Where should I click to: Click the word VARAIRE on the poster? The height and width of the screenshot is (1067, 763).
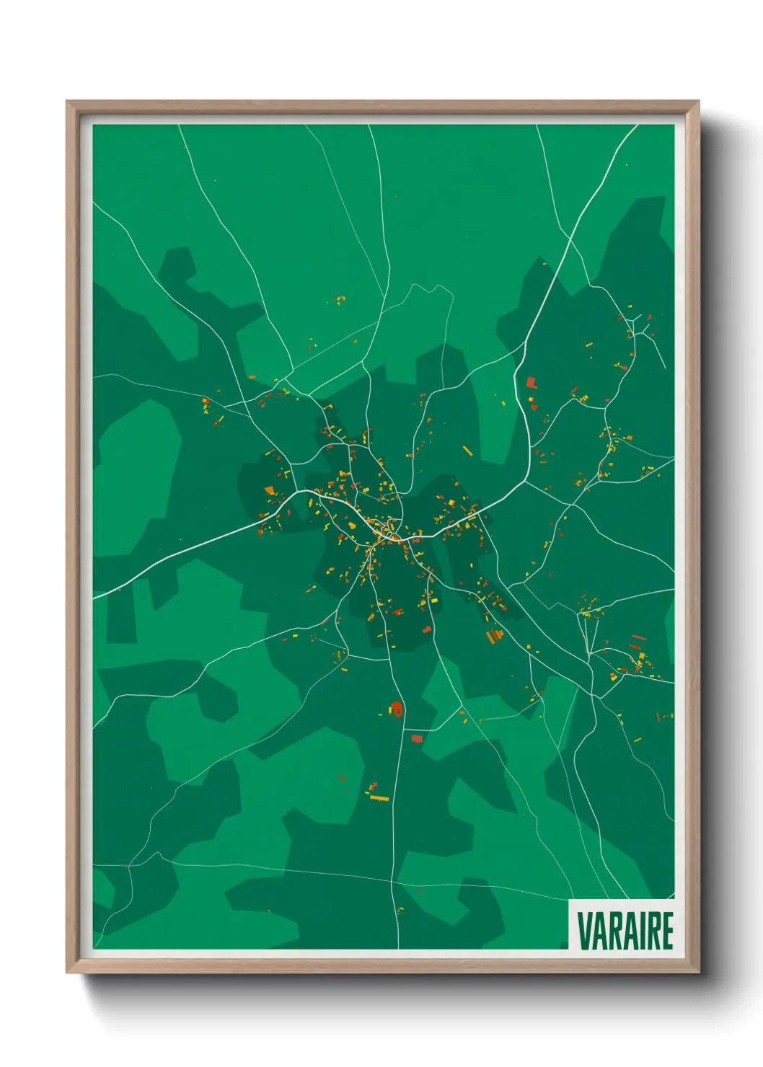[625, 930]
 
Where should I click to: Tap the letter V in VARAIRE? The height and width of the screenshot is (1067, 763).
[583, 930]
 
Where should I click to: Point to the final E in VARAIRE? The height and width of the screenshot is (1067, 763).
[668, 930]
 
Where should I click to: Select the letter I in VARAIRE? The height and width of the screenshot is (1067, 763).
[638, 930]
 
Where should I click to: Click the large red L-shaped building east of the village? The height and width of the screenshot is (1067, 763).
[531, 382]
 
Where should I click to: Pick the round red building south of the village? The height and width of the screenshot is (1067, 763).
[396, 708]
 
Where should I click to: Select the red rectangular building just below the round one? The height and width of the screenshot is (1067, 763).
[416, 738]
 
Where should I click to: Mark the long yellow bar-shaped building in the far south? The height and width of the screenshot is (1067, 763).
[379, 798]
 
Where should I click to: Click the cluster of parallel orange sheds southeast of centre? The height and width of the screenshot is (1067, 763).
[494, 636]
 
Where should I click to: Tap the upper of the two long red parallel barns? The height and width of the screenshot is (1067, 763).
[638, 637]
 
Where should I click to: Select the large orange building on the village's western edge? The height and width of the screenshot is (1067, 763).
[270, 491]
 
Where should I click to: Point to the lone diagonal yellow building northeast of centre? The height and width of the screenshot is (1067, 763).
[467, 451]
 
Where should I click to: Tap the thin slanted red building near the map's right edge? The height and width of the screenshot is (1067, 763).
[658, 717]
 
